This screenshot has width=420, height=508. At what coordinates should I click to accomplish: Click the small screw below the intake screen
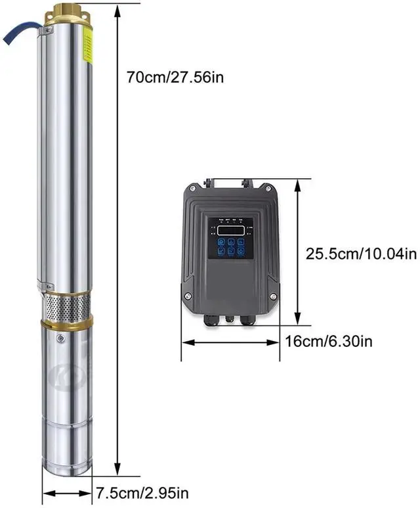coord(60,339)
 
